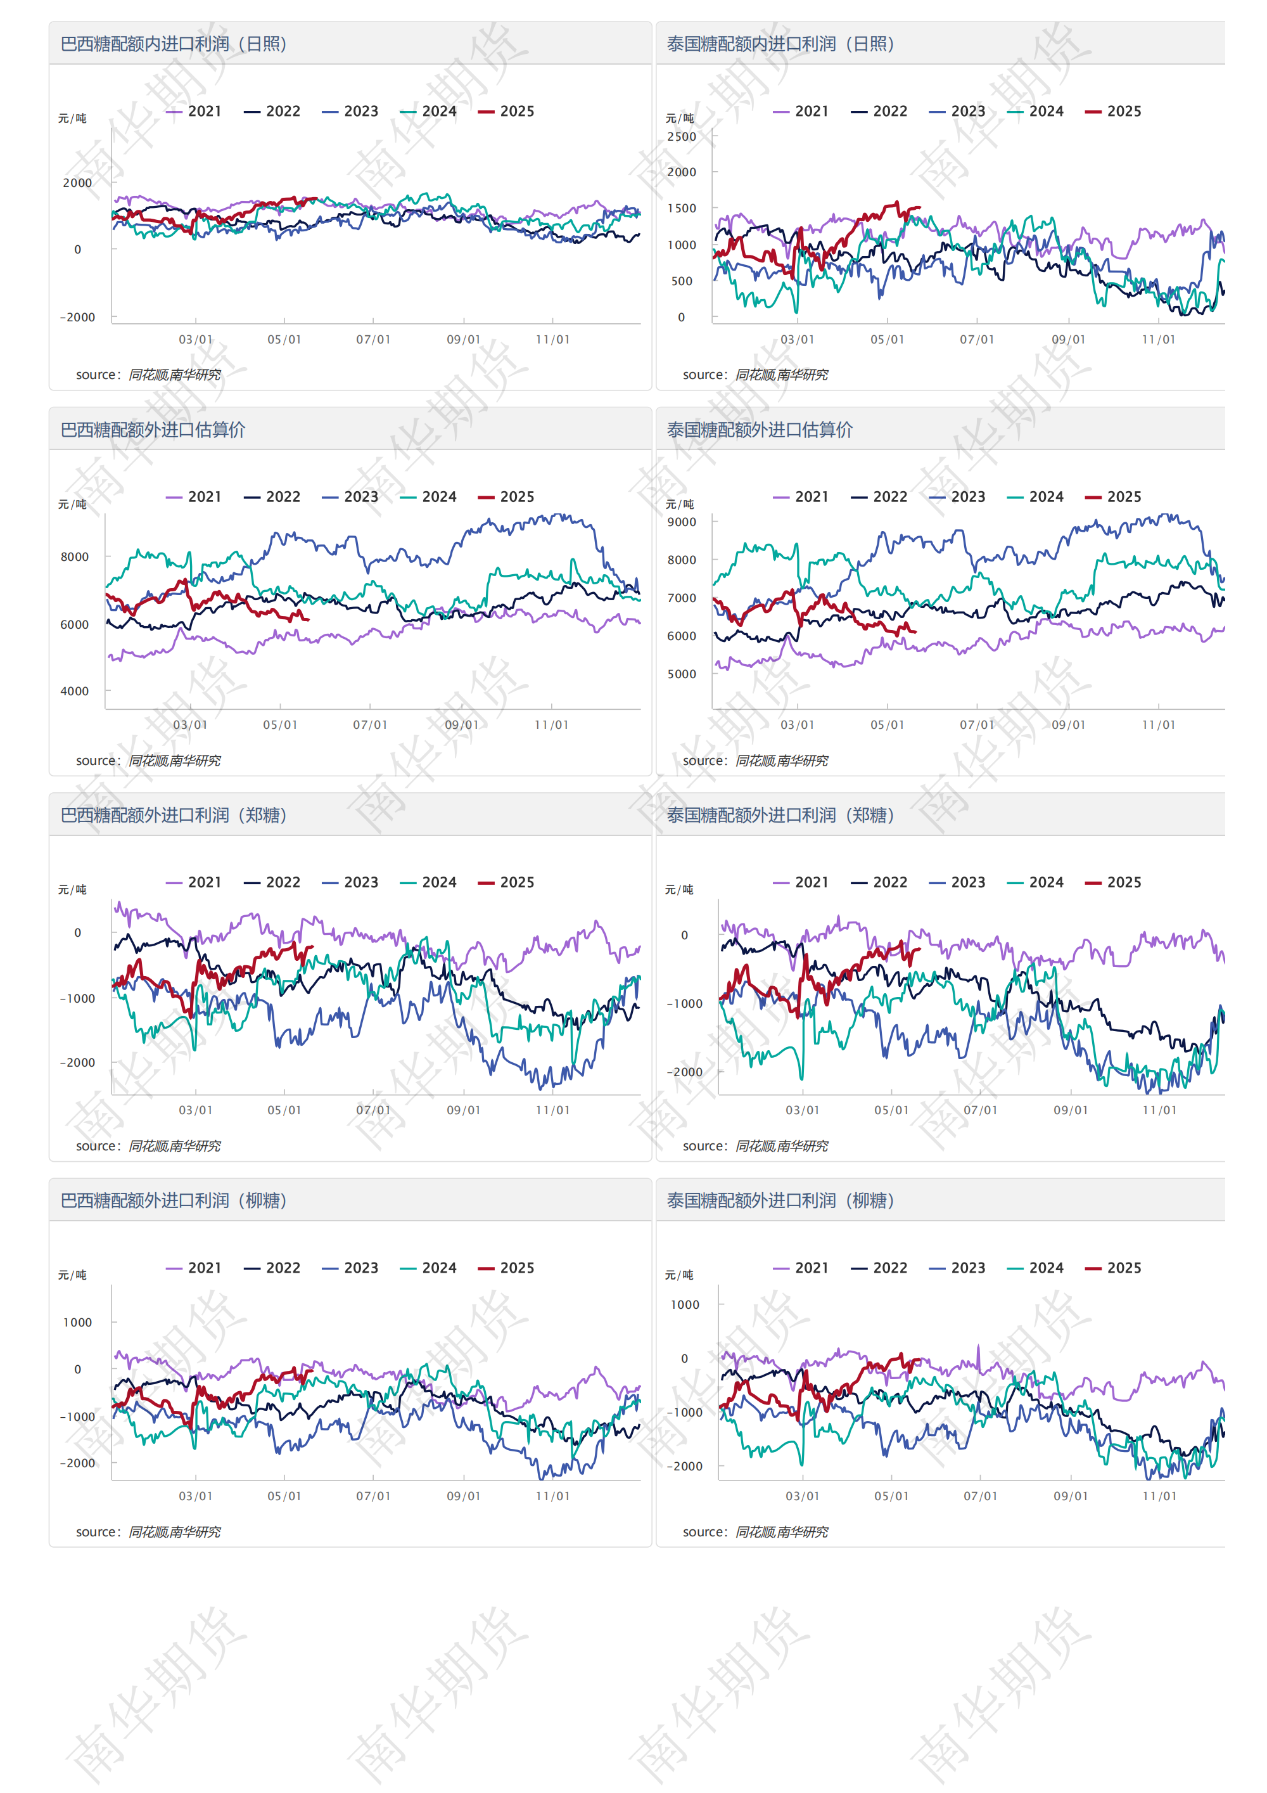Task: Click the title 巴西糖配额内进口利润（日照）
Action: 174,44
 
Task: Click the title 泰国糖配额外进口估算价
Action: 759,430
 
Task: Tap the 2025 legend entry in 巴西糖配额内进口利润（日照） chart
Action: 507,112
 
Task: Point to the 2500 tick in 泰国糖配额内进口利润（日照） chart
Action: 682,137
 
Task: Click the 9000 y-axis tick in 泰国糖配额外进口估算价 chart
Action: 682,522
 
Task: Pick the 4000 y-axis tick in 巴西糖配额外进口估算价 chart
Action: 75,691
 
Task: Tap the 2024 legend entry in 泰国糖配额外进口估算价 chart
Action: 1036,497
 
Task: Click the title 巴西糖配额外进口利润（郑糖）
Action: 174,815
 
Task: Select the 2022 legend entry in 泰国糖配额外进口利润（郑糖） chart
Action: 880,882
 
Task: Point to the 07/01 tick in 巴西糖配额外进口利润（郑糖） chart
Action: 373,1110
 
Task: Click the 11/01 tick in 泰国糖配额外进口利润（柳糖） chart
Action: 1159,1496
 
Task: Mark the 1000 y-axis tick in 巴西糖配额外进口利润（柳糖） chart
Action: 77,1322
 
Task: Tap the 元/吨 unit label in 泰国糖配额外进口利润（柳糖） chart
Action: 679,1275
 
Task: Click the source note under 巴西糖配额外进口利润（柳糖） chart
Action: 148,1531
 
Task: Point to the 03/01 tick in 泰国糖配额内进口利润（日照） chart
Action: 797,340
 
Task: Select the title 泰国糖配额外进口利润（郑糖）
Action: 780,815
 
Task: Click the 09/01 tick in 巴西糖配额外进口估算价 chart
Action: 461,724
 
